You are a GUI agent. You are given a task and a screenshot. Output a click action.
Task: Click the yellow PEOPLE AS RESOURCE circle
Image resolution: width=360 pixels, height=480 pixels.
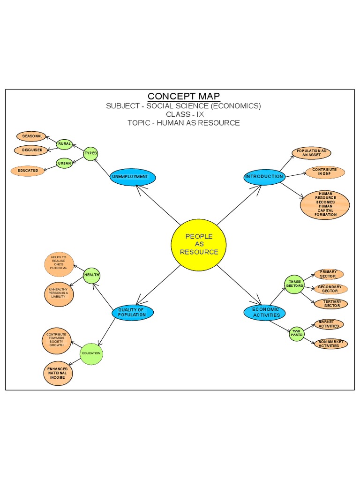click(x=199, y=244)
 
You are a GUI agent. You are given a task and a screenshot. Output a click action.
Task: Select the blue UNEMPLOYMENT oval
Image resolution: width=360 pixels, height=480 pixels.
click(x=133, y=177)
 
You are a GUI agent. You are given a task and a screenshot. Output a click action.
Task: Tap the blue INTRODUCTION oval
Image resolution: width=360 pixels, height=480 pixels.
click(x=264, y=177)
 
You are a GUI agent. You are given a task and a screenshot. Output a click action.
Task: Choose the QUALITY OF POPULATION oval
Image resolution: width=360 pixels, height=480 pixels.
click(x=132, y=312)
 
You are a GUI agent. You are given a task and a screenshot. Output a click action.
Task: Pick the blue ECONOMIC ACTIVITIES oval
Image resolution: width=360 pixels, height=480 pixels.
click(x=265, y=312)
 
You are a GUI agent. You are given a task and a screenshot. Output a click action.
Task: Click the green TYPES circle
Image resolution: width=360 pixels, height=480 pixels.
click(x=91, y=153)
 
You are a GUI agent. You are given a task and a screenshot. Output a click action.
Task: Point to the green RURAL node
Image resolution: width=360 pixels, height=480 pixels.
click(x=65, y=144)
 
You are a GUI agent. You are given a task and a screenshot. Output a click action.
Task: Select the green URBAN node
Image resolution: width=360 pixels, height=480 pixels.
click(x=65, y=163)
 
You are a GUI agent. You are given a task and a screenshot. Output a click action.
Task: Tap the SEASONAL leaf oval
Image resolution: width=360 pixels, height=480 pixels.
click(x=32, y=136)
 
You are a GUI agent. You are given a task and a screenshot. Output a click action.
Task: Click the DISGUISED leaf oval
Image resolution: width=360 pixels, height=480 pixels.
click(x=32, y=150)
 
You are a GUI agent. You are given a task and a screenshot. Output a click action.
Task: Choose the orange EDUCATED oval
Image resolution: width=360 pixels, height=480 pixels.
click(x=28, y=171)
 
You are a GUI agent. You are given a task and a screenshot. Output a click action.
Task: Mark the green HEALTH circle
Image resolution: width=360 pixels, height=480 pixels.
click(x=92, y=275)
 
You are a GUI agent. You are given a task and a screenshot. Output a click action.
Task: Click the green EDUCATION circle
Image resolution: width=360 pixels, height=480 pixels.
click(x=91, y=353)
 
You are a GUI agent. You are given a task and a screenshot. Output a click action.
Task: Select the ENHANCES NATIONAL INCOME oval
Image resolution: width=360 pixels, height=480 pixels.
click(x=58, y=373)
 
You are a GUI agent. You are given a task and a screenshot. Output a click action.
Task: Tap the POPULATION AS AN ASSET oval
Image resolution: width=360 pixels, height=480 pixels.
click(x=311, y=153)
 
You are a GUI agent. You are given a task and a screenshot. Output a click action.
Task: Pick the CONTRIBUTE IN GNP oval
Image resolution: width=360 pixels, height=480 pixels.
click(x=324, y=172)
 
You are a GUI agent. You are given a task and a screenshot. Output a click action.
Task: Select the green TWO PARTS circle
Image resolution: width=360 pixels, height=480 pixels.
click(x=296, y=333)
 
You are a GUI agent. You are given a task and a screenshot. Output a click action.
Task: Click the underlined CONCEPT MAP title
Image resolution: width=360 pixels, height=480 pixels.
click(x=184, y=97)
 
